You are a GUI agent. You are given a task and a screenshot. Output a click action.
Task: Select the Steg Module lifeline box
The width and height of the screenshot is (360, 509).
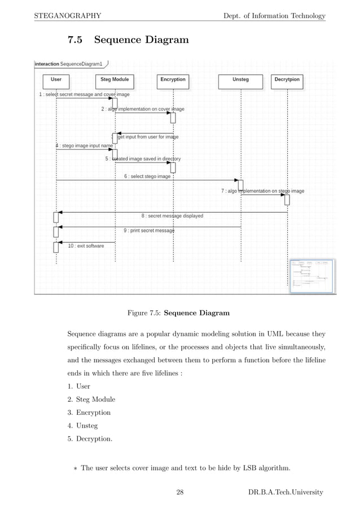[115, 80]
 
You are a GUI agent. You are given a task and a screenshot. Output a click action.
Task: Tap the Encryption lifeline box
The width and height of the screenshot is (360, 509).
[173, 80]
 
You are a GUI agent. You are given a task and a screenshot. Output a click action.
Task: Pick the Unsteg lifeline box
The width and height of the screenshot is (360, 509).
[240, 80]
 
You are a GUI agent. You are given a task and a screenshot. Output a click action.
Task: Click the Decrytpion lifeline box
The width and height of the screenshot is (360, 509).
[287, 80]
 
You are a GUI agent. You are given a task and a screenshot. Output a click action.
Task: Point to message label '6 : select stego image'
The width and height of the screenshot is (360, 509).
[147, 177]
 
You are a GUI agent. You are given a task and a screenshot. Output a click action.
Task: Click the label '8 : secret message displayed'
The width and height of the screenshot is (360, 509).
[172, 216]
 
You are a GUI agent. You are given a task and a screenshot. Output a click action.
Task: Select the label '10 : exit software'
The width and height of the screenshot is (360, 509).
[86, 246]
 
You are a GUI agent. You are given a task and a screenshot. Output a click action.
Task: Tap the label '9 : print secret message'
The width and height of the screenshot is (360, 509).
[149, 230]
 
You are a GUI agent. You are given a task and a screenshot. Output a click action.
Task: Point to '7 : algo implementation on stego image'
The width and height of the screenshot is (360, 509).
[262, 191]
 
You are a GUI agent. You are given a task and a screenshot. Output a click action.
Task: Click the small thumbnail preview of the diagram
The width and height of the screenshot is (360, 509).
[311, 275]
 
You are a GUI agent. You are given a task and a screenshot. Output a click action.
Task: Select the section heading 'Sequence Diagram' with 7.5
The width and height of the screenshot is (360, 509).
[128, 40]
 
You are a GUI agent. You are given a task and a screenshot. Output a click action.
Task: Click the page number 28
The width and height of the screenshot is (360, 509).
[180, 493]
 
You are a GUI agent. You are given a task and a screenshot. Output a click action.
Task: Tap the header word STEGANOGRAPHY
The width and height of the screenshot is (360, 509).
[68, 15]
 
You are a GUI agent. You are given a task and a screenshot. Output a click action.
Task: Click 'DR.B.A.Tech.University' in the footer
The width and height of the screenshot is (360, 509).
[286, 493]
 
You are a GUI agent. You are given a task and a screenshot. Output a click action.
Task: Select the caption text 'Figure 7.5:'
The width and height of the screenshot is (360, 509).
[145, 313]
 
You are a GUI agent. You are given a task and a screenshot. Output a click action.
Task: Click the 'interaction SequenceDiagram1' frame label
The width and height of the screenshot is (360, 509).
[72, 64]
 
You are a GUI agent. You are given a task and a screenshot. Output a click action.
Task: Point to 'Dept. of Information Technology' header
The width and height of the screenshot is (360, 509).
[275, 15]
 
